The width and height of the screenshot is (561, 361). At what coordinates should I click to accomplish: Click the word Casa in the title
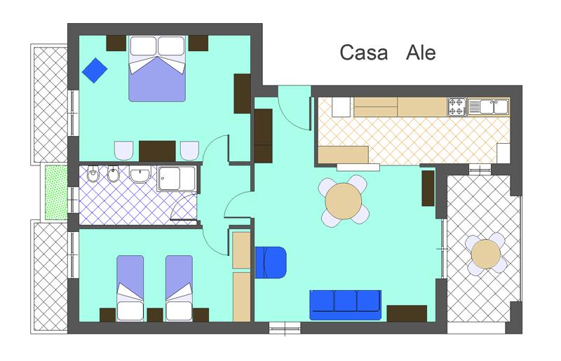pyautogui.click(x=363, y=53)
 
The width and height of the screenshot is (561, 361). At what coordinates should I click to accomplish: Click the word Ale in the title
pyautogui.click(x=421, y=53)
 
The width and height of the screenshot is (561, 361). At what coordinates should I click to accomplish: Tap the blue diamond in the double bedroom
pyautogui.click(x=95, y=71)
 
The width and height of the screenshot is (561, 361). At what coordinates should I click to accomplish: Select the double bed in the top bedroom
pyautogui.click(x=157, y=68)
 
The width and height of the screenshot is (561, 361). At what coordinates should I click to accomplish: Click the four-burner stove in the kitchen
pyautogui.click(x=457, y=107)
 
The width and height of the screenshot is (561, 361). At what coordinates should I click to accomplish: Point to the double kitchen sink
pyautogui.click(x=488, y=107)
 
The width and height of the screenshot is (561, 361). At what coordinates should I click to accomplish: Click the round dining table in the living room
pyautogui.click(x=344, y=201)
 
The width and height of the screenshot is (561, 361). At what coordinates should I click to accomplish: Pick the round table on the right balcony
pyautogui.click(x=485, y=254)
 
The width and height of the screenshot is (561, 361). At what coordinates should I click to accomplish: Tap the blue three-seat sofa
pyautogui.click(x=345, y=305)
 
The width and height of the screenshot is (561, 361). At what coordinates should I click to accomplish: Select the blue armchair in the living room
pyautogui.click(x=271, y=262)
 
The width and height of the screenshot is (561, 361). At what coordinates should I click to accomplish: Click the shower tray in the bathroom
pyautogui.click(x=177, y=178)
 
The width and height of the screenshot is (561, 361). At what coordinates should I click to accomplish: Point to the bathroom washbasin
pyautogui.click(x=140, y=175)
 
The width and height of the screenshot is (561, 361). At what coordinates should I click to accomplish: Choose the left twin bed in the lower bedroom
pyautogui.click(x=130, y=288)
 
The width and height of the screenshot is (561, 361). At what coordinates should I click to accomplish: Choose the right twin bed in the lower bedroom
pyautogui.click(x=180, y=288)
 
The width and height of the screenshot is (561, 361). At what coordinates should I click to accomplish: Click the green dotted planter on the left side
pyautogui.click(x=56, y=193)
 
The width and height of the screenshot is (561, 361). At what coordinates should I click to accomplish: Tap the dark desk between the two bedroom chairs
pyautogui.click(x=157, y=151)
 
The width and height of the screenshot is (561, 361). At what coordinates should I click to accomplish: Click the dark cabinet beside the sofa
pyautogui.click(x=407, y=313)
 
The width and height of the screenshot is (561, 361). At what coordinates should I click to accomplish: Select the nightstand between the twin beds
pyautogui.click(x=155, y=315)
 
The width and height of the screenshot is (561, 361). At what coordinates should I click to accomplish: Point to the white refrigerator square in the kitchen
pyautogui.click(x=341, y=107)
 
